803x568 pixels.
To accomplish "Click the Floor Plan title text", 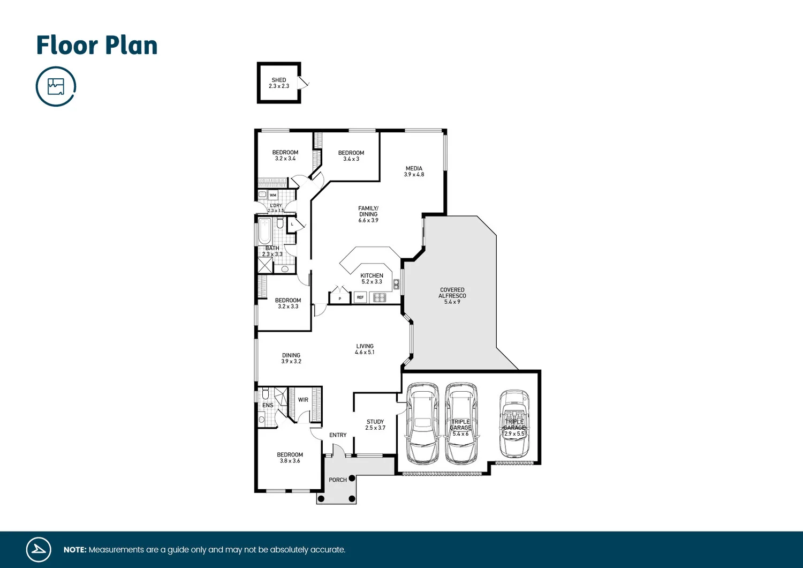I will pyautogui.click(x=97, y=46).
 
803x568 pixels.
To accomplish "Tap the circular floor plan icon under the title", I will pyautogui.click(x=56, y=86).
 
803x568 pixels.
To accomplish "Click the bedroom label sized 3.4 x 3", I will pyautogui.click(x=351, y=156).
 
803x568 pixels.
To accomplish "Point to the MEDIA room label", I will pyautogui.click(x=414, y=171).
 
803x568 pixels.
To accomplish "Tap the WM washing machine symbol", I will pyautogui.click(x=273, y=195).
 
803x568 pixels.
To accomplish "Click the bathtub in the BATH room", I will pyautogui.click(x=264, y=231).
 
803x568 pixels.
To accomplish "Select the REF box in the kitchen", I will pyautogui.click(x=360, y=297).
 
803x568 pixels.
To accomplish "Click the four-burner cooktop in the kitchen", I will pyautogui.click(x=380, y=297).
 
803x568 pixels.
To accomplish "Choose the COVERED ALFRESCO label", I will pyautogui.click(x=452, y=296).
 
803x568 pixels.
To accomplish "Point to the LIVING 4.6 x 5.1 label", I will pyautogui.click(x=365, y=349).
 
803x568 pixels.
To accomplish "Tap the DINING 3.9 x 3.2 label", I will pyautogui.click(x=291, y=358).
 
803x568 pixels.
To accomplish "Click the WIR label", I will pyautogui.click(x=303, y=400).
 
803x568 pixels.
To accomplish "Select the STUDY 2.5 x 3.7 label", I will pyautogui.click(x=375, y=425).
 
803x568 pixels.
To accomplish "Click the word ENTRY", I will pyautogui.click(x=338, y=435).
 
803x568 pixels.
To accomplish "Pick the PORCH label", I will pyautogui.click(x=337, y=480).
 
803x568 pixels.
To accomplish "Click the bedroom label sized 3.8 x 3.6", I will pyautogui.click(x=290, y=458).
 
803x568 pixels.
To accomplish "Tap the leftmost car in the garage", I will pyautogui.click(x=422, y=423).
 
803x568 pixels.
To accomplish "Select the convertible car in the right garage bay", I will pyautogui.click(x=514, y=423).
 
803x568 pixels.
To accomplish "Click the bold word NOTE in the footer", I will pyautogui.click(x=75, y=550).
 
